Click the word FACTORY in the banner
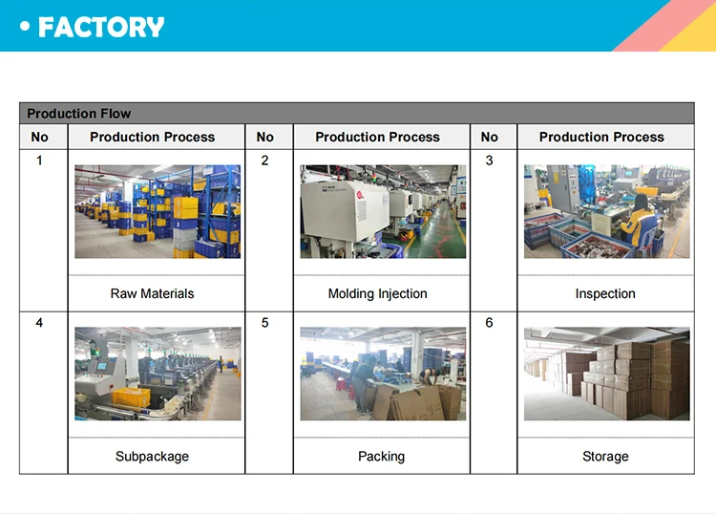pos(101,27)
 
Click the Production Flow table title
pos(79,114)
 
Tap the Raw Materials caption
pos(152,293)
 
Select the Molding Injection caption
pos(378,293)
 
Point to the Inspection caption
pos(605,293)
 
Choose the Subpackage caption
pos(152,457)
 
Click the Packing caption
pos(381,457)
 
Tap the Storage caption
pos(605,457)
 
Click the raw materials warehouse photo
pos(158,211)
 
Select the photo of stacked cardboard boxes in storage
pos(607,374)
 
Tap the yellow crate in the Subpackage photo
pos(131,397)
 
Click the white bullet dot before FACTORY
pos(25,27)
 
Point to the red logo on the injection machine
pos(360,195)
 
